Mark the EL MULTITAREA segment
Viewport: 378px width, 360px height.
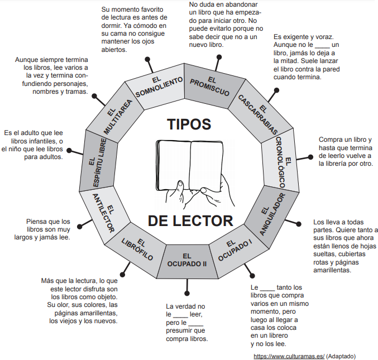[x=117, y=114]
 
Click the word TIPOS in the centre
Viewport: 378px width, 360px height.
[x=189, y=123]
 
